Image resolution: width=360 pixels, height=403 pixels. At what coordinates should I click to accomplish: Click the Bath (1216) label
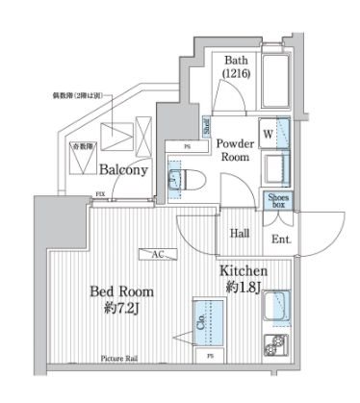[x=236, y=65]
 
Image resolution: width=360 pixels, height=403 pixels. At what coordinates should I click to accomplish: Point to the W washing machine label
[x=265, y=133]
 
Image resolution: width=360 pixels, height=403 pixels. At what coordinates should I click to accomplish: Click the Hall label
[x=241, y=234]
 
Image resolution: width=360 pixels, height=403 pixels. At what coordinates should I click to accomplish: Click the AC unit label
[x=155, y=254]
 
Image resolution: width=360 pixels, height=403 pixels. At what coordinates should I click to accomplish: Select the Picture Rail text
[x=120, y=359]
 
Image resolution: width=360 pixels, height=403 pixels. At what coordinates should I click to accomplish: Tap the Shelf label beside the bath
[x=205, y=125]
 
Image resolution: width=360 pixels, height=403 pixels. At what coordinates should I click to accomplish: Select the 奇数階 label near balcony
[x=81, y=146]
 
